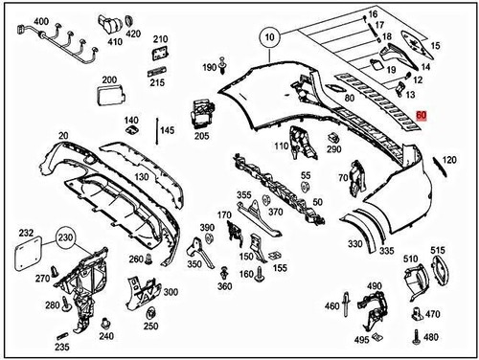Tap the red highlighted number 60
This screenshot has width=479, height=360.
[422, 116]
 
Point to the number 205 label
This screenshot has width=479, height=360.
[201, 136]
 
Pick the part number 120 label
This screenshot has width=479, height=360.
[448, 160]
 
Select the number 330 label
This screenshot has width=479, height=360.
[355, 245]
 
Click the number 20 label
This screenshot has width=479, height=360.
[62, 137]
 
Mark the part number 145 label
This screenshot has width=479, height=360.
[168, 129]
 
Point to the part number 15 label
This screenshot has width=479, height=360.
[437, 46]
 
